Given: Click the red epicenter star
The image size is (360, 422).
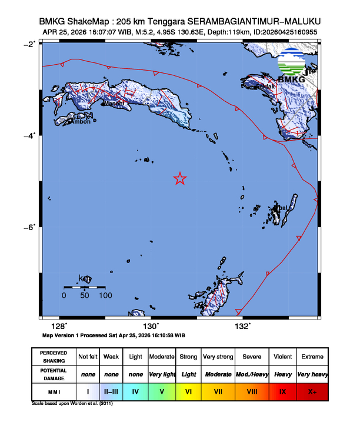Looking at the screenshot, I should click(x=180, y=179).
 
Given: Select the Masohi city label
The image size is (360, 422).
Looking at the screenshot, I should click(x=114, y=104).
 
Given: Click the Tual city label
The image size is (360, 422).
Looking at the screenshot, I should click(x=282, y=208).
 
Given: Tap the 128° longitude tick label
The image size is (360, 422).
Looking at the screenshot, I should click(x=59, y=326).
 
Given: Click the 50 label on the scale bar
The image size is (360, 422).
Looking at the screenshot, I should click(x=85, y=295).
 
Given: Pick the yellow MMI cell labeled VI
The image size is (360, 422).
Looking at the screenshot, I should click(x=188, y=391).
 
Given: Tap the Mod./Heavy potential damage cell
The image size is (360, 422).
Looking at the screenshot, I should click(x=252, y=374).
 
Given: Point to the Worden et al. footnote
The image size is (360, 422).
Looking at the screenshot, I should click(x=72, y=404).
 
